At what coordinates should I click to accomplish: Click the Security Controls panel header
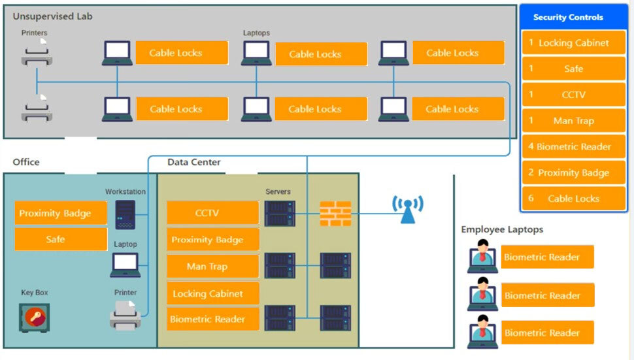[x=573, y=18]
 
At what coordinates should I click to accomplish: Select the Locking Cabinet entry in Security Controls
[x=573, y=43]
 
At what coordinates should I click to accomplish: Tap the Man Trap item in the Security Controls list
[x=573, y=121]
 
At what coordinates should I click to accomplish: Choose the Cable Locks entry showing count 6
[x=573, y=199]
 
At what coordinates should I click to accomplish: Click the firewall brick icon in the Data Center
[x=335, y=214]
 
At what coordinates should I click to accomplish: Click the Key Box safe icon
[x=34, y=318]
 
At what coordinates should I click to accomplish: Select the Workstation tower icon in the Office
[x=125, y=214]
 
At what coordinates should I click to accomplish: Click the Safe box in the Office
[x=61, y=239]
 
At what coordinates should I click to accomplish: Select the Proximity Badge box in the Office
[x=61, y=213]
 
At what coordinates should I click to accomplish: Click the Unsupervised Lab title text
[x=52, y=16]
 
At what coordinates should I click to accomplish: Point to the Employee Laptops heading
[x=502, y=229]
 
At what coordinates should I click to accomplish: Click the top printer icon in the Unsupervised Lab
[x=37, y=52]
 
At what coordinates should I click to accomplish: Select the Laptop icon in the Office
[x=125, y=265]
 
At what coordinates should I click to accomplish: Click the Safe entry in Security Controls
[x=573, y=69]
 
